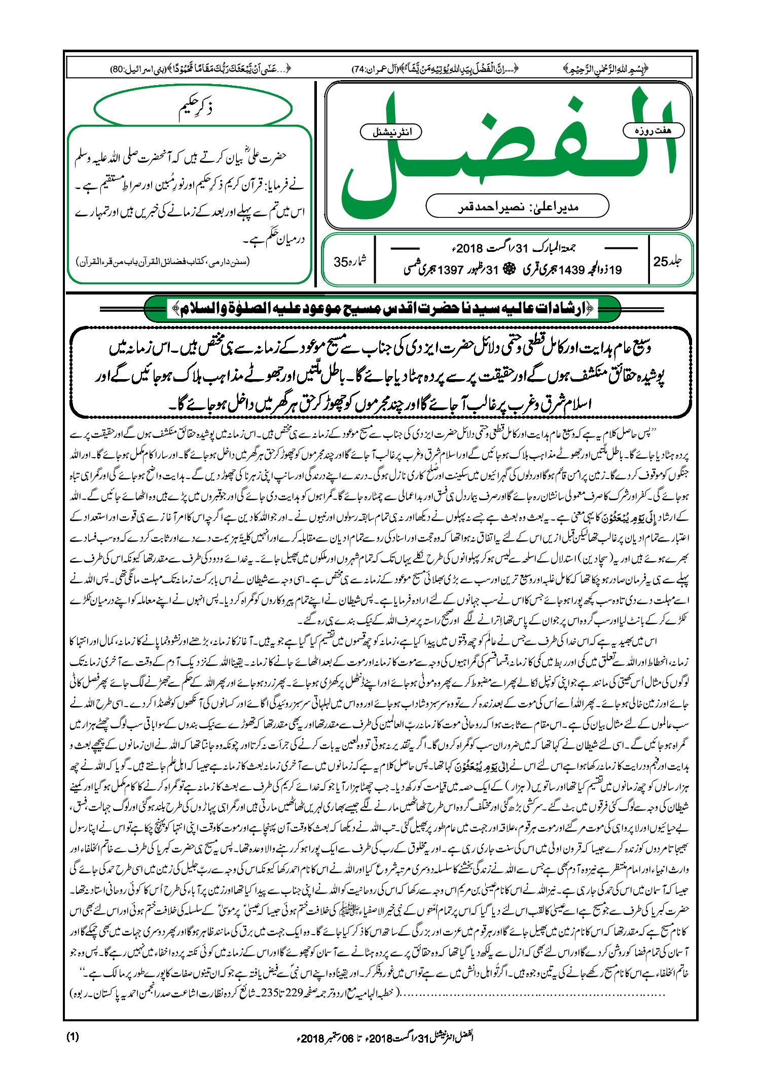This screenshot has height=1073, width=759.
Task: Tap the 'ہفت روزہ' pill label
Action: [x=653, y=131]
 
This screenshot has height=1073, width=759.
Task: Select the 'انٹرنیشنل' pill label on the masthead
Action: [x=391, y=132]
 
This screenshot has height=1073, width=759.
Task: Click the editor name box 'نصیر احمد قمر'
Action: [x=517, y=206]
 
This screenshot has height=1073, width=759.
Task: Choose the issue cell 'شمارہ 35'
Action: [x=350, y=262]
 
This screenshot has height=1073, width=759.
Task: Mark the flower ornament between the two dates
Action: [x=509, y=270]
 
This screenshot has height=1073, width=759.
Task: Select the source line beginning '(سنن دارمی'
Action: [x=163, y=262]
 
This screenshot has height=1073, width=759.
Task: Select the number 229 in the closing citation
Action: [x=299, y=994]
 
